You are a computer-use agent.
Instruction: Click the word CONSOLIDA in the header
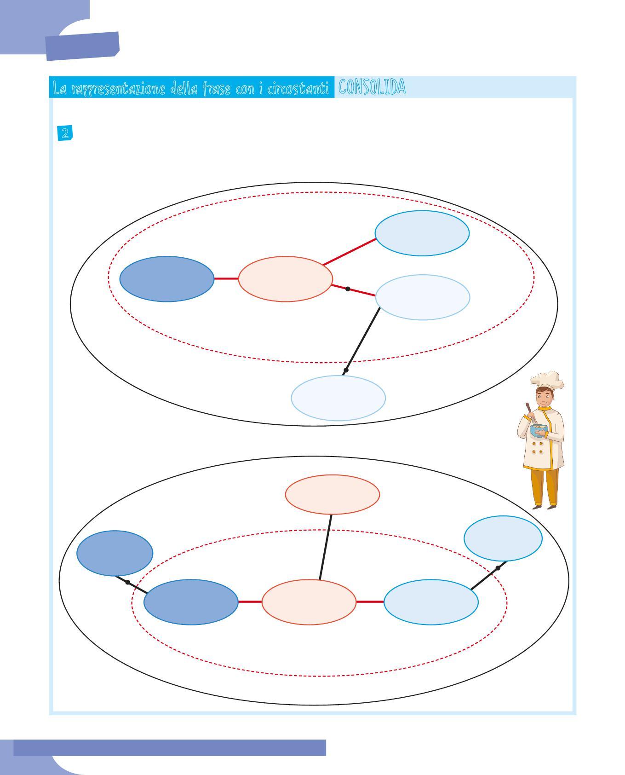(372, 87)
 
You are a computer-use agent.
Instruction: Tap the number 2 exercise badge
(65, 133)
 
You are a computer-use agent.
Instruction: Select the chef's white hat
(547, 380)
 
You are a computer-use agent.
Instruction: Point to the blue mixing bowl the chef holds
(539, 430)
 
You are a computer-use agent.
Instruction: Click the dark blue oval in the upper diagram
(167, 279)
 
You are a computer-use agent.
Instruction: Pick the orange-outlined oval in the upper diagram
(285, 279)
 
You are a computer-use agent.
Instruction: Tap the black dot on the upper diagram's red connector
(348, 289)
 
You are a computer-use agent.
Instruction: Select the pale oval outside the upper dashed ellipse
(338, 398)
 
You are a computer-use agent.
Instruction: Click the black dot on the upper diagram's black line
(346, 370)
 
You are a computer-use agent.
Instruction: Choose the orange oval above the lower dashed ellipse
(332, 494)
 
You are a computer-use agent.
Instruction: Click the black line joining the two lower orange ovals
(326, 547)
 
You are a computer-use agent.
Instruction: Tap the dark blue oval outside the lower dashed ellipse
(115, 553)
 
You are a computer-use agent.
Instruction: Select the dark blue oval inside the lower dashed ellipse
(191, 602)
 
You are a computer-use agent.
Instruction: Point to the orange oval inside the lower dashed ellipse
(309, 602)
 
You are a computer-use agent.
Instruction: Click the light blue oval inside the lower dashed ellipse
(431, 602)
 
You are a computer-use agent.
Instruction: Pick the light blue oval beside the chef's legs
(503, 538)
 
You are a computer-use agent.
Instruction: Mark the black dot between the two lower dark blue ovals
(127, 582)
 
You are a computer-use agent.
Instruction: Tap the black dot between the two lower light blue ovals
(498, 568)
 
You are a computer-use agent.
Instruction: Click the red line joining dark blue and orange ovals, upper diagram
(226, 279)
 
